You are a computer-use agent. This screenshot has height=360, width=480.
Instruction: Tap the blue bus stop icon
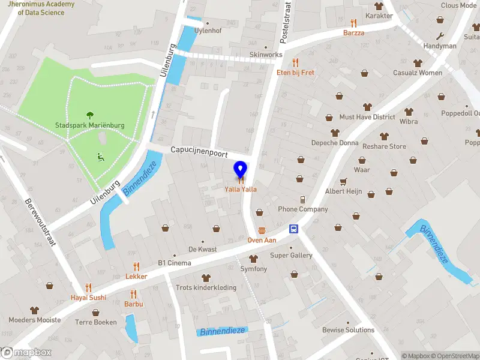coord(294,229)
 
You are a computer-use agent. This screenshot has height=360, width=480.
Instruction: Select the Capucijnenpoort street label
coord(199,152)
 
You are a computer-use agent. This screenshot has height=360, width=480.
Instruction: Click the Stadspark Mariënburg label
coord(89,125)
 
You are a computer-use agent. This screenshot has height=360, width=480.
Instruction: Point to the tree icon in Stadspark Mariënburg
coord(90,115)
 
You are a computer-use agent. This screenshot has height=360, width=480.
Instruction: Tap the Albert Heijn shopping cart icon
coord(343,181)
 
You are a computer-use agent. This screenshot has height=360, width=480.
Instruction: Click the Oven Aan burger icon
coord(262,230)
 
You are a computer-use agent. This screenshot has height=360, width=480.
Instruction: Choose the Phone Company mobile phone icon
coord(303,199)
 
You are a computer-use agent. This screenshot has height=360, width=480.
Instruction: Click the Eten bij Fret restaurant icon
coord(295,62)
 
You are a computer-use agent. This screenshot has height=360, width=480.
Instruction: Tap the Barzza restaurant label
coord(353,33)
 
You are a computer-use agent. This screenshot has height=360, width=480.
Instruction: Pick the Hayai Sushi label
coord(88,297)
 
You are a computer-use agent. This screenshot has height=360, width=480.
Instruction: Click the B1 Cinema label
coord(175,263)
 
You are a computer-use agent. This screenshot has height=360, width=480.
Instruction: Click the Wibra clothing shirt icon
coord(409,111)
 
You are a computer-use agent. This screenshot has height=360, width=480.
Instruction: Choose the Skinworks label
coord(266,55)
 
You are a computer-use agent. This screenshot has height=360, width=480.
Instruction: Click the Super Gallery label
coord(291,256)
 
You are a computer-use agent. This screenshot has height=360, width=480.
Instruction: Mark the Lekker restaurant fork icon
coord(136,266)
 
